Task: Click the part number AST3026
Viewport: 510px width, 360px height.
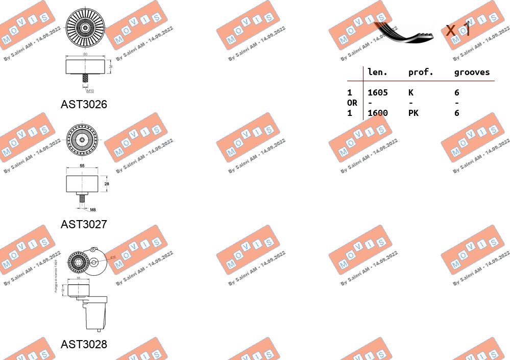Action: (84, 104)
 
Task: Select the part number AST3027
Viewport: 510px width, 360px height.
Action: (84, 224)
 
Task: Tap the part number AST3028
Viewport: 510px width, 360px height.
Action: (84, 344)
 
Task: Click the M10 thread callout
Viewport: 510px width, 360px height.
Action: (90, 90)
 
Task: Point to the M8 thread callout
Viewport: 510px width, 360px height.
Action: (93, 209)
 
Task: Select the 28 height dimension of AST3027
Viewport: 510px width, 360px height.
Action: (107, 183)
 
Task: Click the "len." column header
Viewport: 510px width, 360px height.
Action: (377, 73)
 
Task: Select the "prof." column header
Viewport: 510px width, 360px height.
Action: (421, 73)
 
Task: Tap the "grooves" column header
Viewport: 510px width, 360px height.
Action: (472, 73)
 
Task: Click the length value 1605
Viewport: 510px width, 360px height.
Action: (378, 92)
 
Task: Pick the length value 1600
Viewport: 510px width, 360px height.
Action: (378, 113)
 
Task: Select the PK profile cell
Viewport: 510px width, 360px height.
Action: (414, 113)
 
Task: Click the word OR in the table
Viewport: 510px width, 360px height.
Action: (352, 103)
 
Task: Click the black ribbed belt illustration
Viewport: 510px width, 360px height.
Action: (403, 33)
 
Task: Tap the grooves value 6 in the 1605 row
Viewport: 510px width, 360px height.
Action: (457, 92)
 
